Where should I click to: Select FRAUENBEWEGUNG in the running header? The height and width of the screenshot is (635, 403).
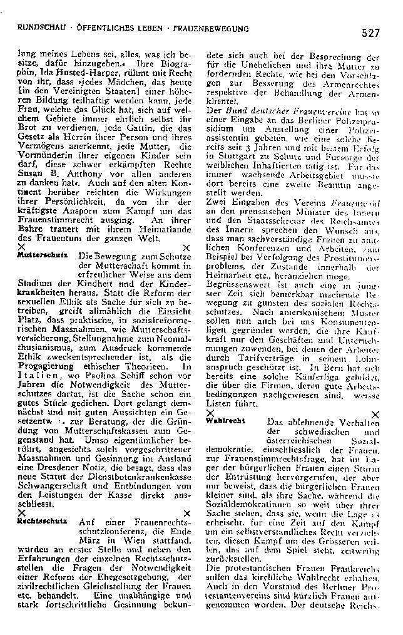(213, 29)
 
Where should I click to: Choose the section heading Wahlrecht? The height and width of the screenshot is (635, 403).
(225, 421)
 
